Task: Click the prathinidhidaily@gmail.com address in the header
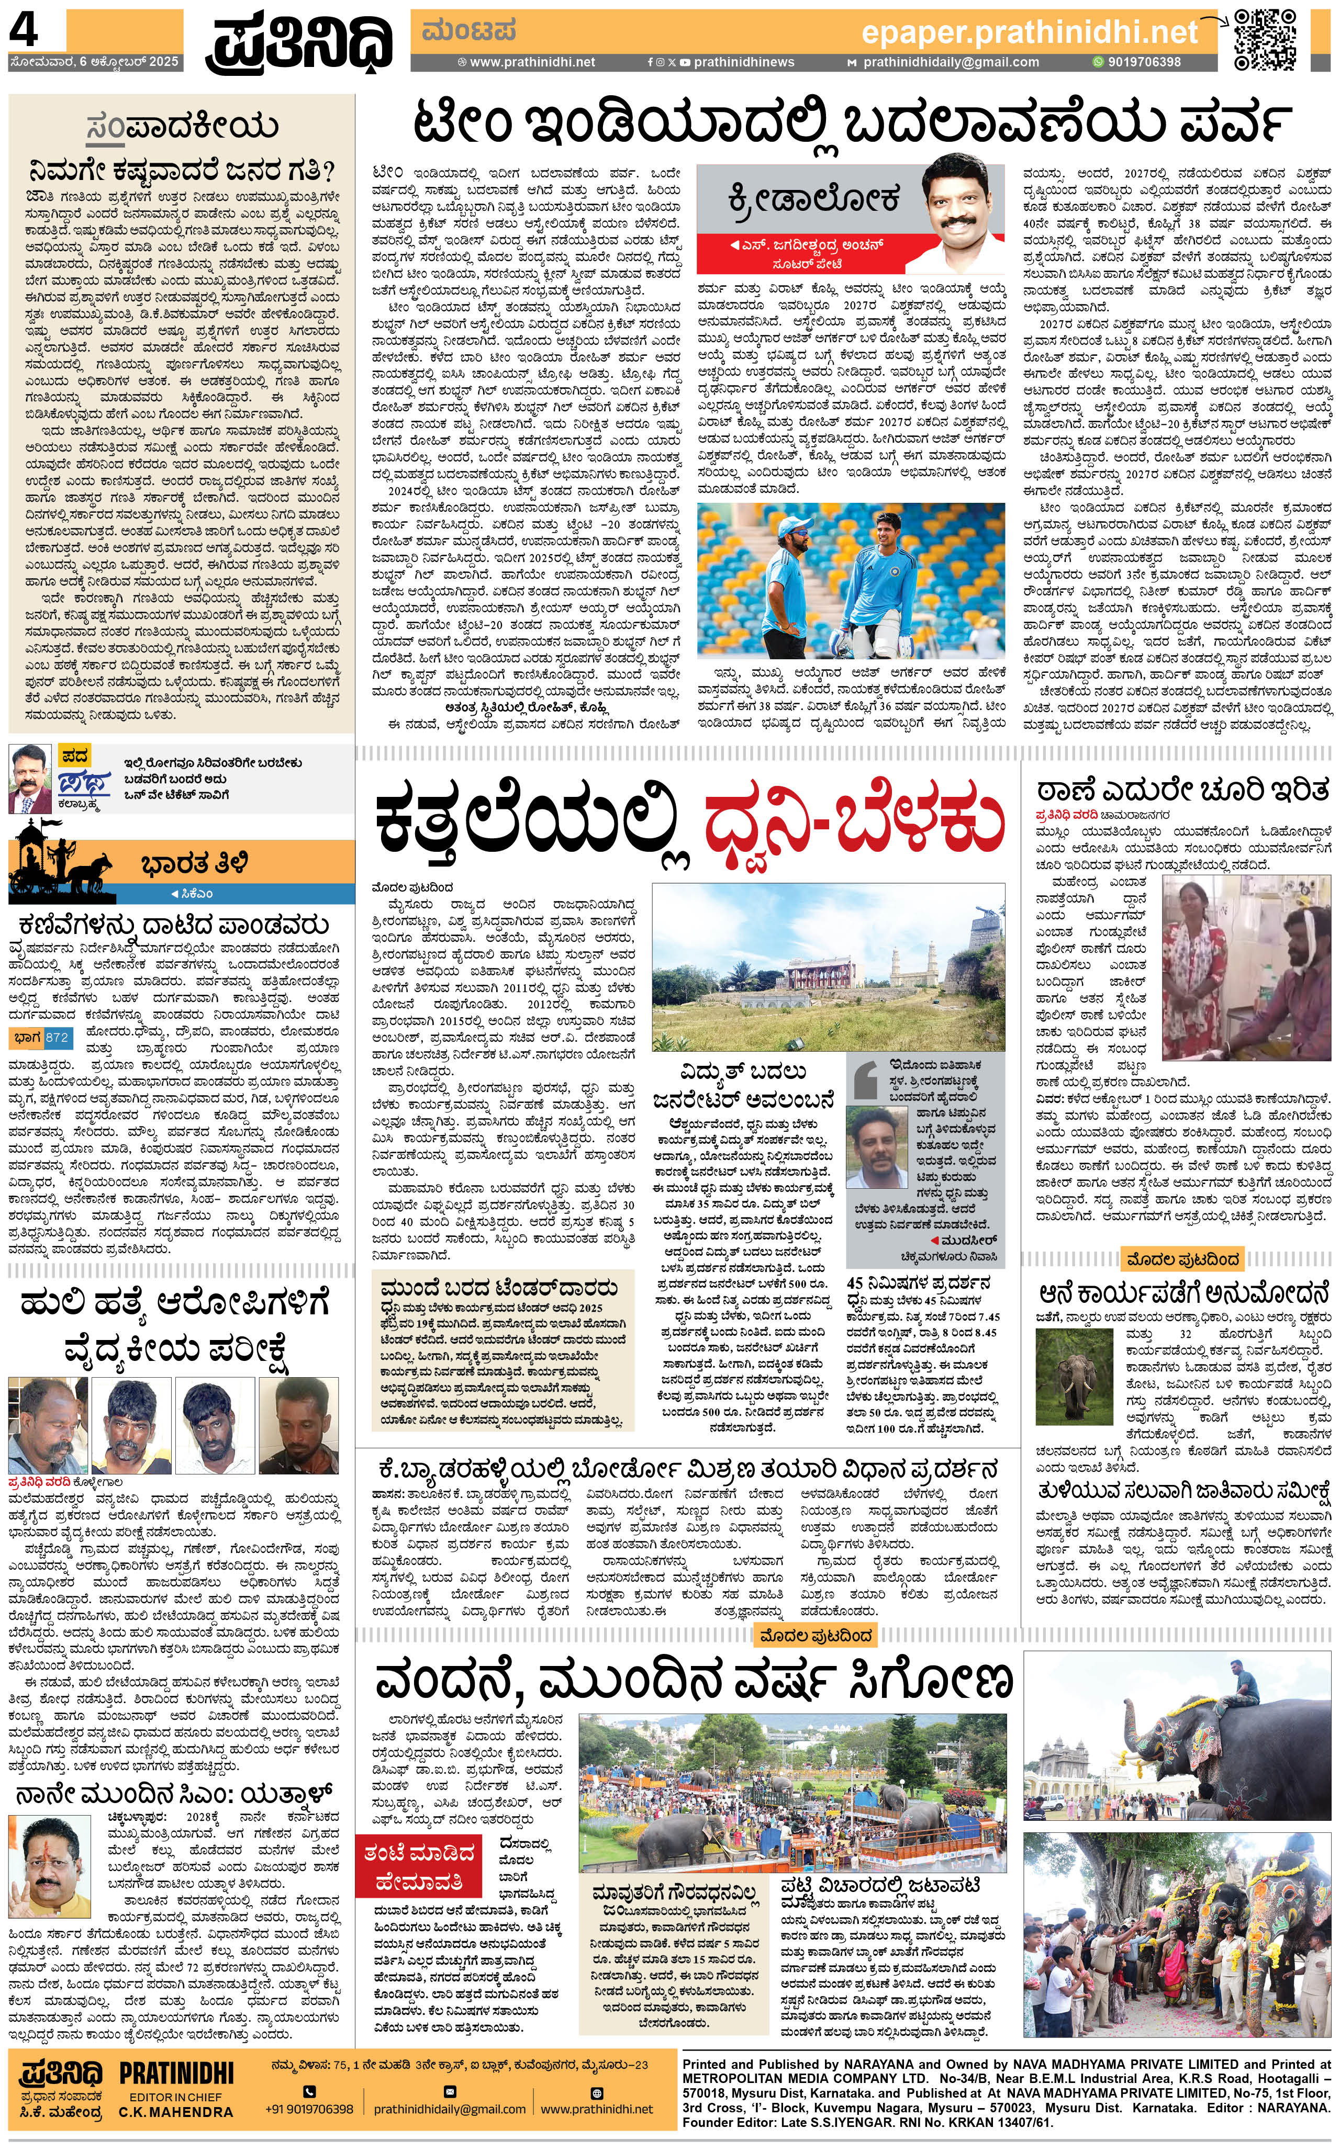coord(950,62)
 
